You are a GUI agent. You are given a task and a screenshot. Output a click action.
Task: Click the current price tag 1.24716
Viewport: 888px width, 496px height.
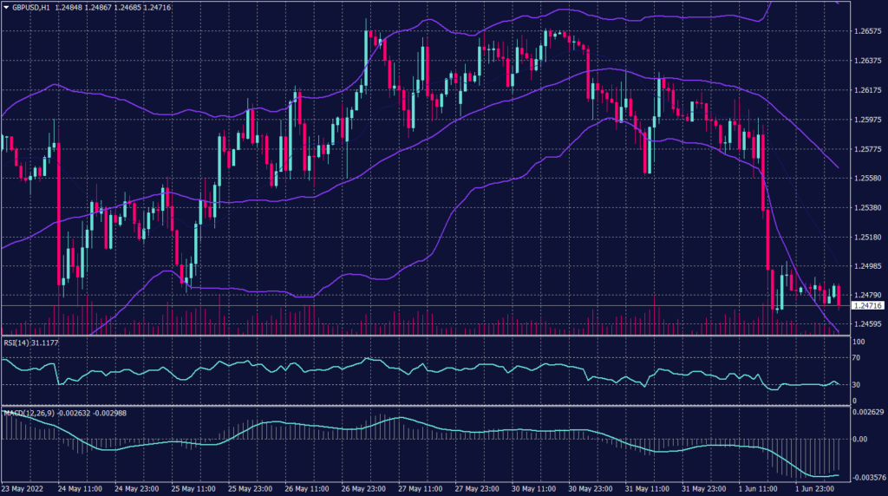pyautogui.click(x=868, y=305)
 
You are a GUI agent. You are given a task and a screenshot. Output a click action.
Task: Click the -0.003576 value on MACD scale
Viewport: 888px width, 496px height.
pyautogui.click(x=869, y=478)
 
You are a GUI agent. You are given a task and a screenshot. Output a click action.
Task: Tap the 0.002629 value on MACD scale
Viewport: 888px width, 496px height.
pyautogui.click(x=869, y=411)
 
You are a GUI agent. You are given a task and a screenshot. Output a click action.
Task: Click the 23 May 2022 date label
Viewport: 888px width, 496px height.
pyautogui.click(x=23, y=489)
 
